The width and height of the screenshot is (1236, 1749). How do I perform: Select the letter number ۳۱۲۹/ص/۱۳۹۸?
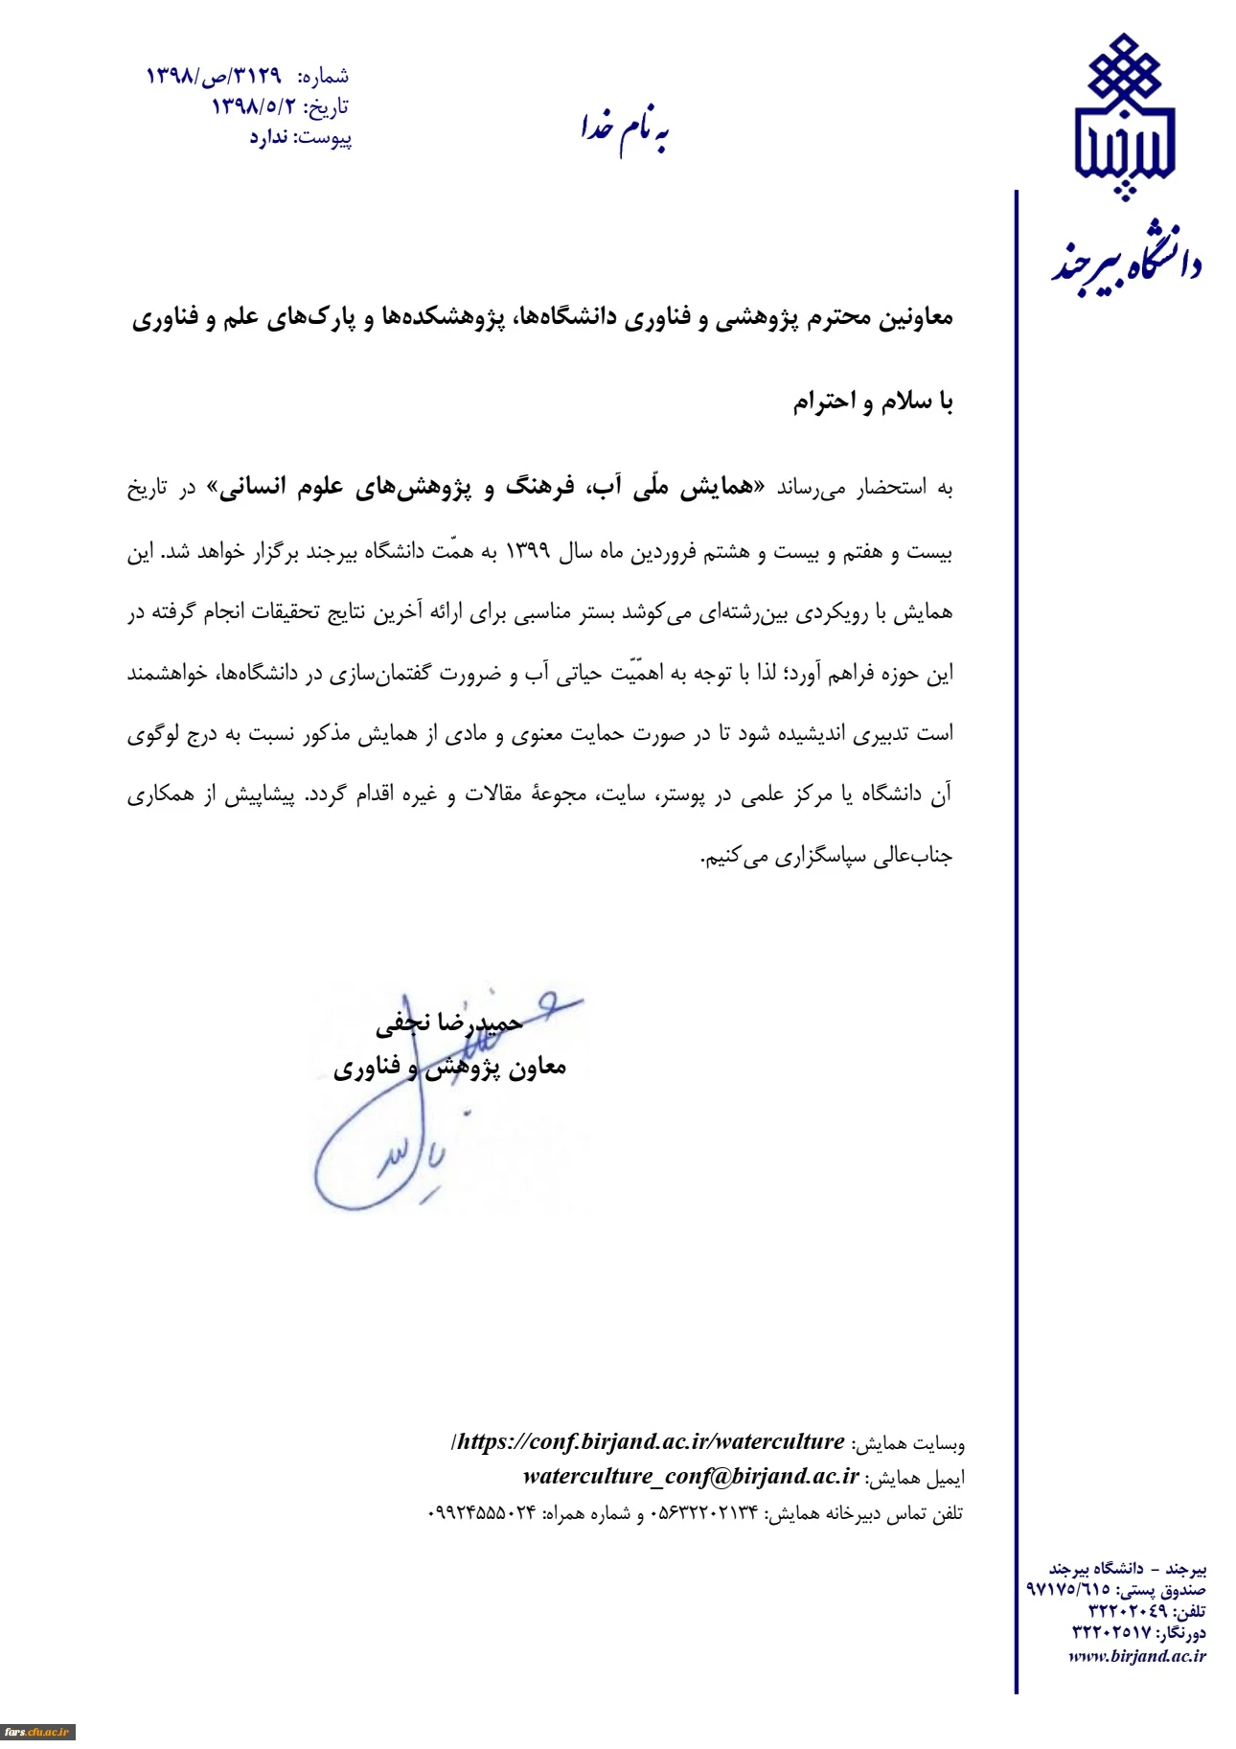(x=214, y=76)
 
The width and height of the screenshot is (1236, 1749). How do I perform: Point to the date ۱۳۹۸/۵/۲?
(x=253, y=106)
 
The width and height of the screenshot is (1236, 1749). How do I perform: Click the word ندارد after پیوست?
(x=269, y=138)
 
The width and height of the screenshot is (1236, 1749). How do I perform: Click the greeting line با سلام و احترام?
(x=872, y=402)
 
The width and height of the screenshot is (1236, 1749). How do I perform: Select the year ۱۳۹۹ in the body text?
(x=527, y=551)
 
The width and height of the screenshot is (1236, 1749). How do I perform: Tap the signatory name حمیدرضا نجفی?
(x=449, y=1024)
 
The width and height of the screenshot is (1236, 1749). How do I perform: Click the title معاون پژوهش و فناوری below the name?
(x=449, y=1068)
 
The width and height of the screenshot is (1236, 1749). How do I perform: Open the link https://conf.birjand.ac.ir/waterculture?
(x=650, y=1442)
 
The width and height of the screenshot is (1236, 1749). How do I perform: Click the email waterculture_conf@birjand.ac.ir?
(x=691, y=1477)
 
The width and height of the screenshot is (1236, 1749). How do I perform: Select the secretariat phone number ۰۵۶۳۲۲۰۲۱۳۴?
(x=704, y=1513)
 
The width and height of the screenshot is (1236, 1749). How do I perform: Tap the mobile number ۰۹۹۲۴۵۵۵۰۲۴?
(x=481, y=1513)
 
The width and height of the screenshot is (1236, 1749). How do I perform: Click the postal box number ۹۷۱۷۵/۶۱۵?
(x=1068, y=1589)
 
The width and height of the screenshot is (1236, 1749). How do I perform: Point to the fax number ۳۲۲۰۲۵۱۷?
(x=1111, y=1631)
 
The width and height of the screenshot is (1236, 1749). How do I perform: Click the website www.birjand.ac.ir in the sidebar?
(x=1137, y=1655)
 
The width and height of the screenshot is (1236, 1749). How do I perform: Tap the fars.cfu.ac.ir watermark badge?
(x=38, y=1731)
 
